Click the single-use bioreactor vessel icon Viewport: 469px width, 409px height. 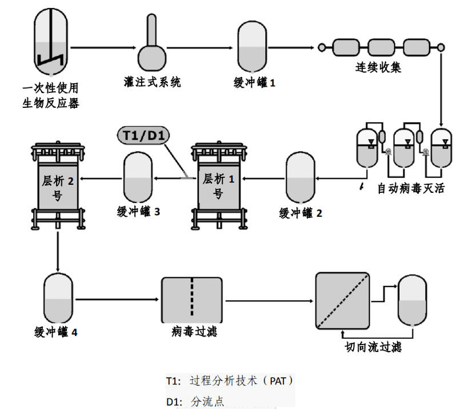click(50, 43)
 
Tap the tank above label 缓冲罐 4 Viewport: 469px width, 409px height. click(58, 298)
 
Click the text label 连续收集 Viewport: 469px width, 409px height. click(378, 67)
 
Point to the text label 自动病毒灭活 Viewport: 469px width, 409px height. click(411, 188)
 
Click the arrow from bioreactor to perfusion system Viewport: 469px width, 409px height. click(103, 48)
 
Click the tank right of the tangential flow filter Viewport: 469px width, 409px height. click(412, 299)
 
